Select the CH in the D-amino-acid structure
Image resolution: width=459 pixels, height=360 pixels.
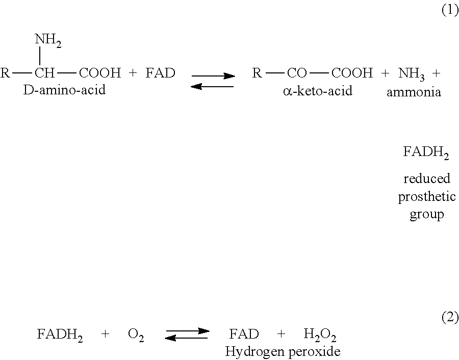click(45, 73)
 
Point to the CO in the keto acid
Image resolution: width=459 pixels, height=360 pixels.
click(297, 73)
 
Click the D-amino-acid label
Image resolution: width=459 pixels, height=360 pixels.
click(65, 91)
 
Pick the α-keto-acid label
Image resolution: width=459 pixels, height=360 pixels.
click(317, 92)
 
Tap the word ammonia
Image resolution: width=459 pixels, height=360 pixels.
click(414, 92)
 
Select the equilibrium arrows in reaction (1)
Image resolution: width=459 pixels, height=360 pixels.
click(213, 82)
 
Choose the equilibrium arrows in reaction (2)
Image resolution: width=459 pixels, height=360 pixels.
click(187, 334)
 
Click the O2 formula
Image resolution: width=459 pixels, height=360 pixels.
click(136, 335)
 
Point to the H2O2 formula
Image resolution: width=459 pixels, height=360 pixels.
click(320, 335)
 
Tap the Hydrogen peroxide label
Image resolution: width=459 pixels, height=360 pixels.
click(283, 351)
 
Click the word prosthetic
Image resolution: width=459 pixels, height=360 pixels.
click(426, 197)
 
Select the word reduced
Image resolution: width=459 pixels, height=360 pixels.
click(426, 179)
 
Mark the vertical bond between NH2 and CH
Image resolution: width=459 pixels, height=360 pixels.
click(40, 56)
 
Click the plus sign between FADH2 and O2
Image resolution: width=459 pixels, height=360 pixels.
click(106, 335)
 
